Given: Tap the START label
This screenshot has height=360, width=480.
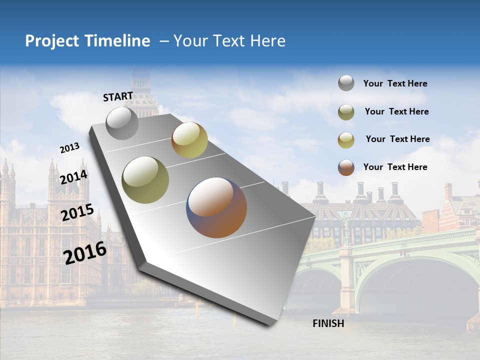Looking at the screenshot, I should pyautogui.click(x=118, y=96).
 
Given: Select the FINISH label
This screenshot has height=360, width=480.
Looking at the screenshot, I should pyautogui.click(x=328, y=323).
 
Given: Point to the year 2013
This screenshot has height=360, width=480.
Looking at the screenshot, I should pyautogui.click(x=69, y=148).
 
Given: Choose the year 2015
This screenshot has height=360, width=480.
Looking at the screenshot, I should pyautogui.click(x=77, y=212).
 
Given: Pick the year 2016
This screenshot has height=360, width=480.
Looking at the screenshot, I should pyautogui.click(x=85, y=253).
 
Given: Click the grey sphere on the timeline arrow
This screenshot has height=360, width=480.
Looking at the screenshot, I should pyautogui.click(x=122, y=123).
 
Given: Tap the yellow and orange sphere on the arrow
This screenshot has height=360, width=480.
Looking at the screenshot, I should pyautogui.click(x=189, y=140).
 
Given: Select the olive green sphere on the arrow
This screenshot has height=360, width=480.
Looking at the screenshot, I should pyautogui.click(x=145, y=180).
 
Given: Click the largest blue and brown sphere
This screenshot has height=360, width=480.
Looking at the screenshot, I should pyautogui.click(x=216, y=207).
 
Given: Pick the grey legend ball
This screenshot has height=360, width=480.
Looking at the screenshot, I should pyautogui.click(x=346, y=83).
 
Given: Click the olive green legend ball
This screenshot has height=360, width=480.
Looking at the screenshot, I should pyautogui.click(x=346, y=112).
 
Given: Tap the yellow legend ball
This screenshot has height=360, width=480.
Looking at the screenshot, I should pyautogui.click(x=346, y=140).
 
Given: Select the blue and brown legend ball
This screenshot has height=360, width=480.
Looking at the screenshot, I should pyautogui.click(x=346, y=167).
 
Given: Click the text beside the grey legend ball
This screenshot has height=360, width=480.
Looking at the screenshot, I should pyautogui.click(x=395, y=83).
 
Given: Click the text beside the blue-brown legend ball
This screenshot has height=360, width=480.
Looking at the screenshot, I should pyautogui.click(x=395, y=167).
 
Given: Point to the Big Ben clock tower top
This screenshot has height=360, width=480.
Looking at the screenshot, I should pyautogui.click(x=140, y=80).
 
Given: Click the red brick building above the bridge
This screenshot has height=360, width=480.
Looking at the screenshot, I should pyautogui.click(x=455, y=210).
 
